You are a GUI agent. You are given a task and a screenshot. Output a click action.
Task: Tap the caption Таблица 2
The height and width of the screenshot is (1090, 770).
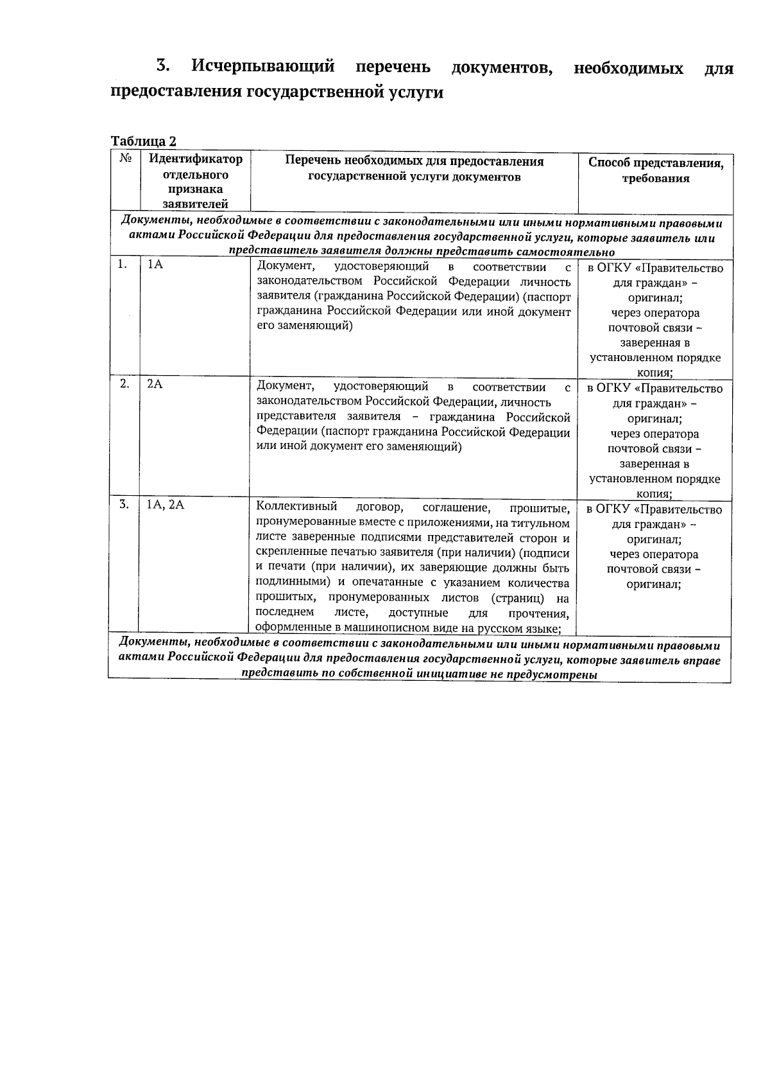tap(143, 141)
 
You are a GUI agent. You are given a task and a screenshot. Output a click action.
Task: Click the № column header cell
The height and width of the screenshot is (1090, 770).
tap(126, 159)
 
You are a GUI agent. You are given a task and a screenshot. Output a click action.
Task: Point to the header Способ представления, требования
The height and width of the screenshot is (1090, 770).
tap(656, 171)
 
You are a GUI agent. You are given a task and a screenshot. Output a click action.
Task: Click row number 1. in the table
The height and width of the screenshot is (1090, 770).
tap(122, 265)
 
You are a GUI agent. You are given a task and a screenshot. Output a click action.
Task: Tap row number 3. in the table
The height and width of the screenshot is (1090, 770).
tap(124, 505)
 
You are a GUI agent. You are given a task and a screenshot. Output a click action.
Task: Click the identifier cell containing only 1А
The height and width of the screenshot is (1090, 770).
tap(155, 265)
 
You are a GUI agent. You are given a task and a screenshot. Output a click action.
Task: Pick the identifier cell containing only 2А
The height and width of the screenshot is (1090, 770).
tap(155, 384)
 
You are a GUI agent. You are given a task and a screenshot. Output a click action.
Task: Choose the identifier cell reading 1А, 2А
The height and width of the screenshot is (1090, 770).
tap(166, 505)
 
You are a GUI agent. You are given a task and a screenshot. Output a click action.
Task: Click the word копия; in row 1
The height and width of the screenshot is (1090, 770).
tap(654, 373)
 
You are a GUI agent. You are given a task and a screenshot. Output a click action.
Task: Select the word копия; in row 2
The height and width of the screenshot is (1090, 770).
tap(654, 494)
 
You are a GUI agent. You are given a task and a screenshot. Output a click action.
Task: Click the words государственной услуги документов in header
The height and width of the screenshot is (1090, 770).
tap(415, 177)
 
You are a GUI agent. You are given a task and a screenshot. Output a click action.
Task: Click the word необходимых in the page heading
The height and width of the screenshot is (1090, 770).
tap(628, 68)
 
